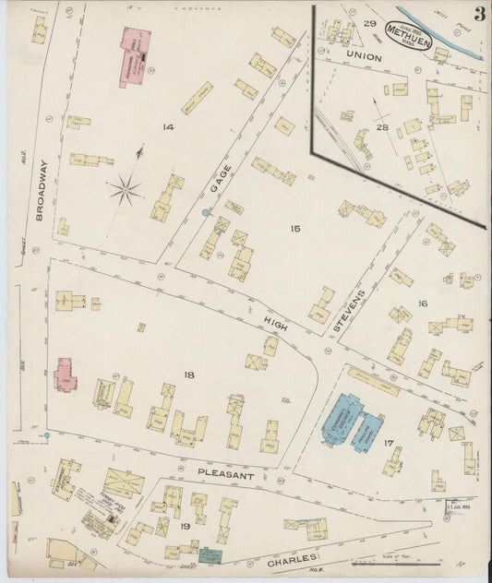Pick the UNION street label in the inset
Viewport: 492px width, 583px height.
tap(364, 55)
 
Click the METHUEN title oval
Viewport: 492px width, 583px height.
tap(407, 33)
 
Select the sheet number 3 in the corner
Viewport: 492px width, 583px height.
tap(479, 14)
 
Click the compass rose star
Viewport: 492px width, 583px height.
tap(125, 191)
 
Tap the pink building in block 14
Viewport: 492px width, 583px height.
tap(134, 57)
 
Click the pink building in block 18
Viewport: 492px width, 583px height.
tap(65, 375)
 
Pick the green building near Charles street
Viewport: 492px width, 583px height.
tap(211, 555)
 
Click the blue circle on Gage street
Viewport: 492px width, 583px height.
tap(204, 213)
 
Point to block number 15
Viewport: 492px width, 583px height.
tap(294, 228)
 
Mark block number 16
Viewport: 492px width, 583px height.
tap(422, 303)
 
